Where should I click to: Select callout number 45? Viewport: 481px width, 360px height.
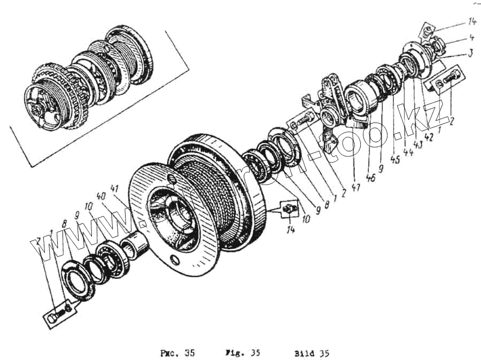(x=395, y=156)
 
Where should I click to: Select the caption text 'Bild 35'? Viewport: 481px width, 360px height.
(x=312, y=353)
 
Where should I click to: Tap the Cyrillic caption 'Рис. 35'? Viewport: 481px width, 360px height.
(x=177, y=353)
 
